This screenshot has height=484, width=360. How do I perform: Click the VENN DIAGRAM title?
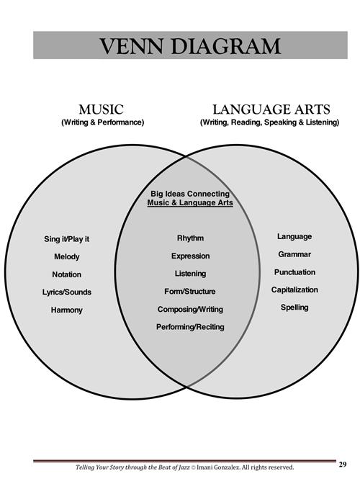pyautogui.click(x=190, y=46)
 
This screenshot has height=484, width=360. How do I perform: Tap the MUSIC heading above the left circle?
pyautogui.click(x=102, y=109)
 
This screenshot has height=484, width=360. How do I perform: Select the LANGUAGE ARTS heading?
pyautogui.click(x=271, y=109)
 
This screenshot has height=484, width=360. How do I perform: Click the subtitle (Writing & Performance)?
pyautogui.click(x=103, y=122)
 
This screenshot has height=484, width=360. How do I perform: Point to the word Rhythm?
pyautogui.click(x=190, y=238)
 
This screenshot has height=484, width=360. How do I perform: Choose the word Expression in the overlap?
pyautogui.click(x=190, y=256)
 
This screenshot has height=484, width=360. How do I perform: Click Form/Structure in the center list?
pyautogui.click(x=189, y=292)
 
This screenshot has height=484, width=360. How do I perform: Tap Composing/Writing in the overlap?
pyautogui.click(x=190, y=309)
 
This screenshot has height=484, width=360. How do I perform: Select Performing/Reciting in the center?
pyautogui.click(x=190, y=327)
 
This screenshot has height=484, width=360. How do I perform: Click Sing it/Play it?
pyautogui.click(x=67, y=239)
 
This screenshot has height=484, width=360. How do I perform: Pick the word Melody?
pyautogui.click(x=67, y=257)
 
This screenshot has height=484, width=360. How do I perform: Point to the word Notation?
pyautogui.click(x=67, y=274)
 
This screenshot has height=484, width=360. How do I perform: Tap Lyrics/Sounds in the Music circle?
pyautogui.click(x=67, y=292)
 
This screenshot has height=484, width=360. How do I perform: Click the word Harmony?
pyautogui.click(x=67, y=310)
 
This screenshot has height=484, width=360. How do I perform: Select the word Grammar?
pyautogui.click(x=294, y=254)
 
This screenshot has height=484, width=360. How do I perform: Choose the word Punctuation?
pyautogui.click(x=294, y=272)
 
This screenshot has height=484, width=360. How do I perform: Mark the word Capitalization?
pyautogui.click(x=294, y=290)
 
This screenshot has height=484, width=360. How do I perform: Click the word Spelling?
pyautogui.click(x=294, y=308)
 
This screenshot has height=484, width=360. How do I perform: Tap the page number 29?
pyautogui.click(x=343, y=465)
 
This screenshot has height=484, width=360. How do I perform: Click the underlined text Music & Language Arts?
pyautogui.click(x=190, y=203)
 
